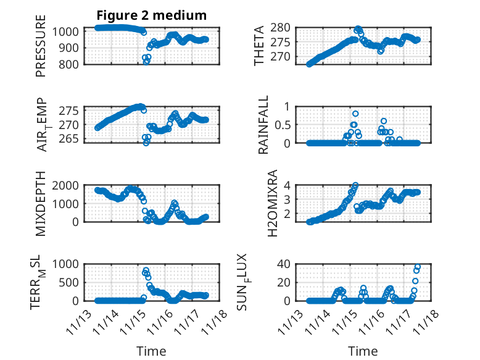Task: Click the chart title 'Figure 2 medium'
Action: tap(151, 15)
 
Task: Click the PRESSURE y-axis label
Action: tap(41, 50)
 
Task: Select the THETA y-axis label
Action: tap(259, 46)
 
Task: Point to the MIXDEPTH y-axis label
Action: tap(41, 203)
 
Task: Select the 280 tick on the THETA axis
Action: tap(281, 28)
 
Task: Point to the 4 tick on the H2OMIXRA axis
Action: tap(286, 185)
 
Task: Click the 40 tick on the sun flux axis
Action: tap(283, 264)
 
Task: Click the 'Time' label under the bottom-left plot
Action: tap(151, 351)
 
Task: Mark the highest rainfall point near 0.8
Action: tap(355, 114)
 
